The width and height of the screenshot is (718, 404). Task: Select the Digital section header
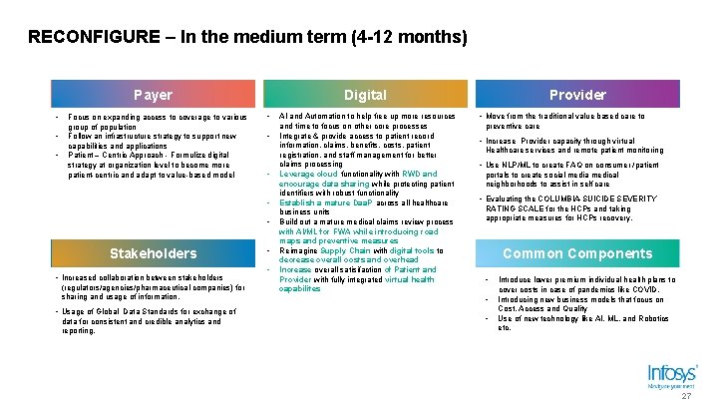(365, 95)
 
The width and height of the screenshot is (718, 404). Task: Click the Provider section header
(578, 95)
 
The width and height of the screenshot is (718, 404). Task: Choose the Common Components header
(578, 252)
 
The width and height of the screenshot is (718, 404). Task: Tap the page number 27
(686, 396)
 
